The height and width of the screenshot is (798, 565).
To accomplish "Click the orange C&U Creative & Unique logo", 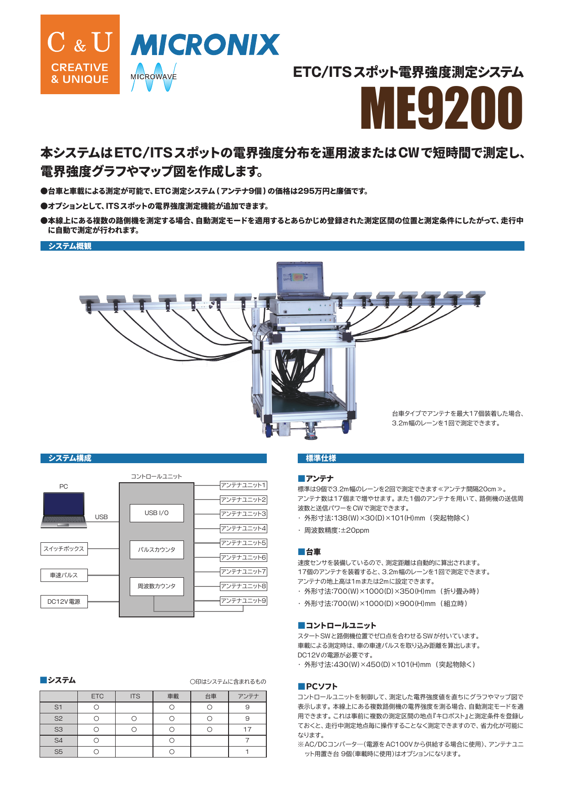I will click(80, 55).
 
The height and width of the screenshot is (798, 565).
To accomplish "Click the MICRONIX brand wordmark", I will click(205, 45).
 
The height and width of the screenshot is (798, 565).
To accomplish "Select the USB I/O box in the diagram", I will click(157, 513).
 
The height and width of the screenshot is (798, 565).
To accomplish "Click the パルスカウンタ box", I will click(157, 550).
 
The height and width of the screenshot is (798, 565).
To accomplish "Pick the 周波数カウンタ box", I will click(157, 586).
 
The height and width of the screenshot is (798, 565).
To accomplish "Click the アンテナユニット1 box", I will click(243, 485).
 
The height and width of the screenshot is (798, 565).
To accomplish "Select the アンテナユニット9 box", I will click(243, 601).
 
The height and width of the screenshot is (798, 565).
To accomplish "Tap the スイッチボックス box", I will click(64, 549).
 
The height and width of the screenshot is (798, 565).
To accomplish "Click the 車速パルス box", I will click(64, 575).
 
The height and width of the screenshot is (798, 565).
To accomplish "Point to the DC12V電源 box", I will click(64, 601).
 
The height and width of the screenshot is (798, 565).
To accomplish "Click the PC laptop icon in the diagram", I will click(64, 510).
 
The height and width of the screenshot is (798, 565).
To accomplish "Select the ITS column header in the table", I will click(135, 696).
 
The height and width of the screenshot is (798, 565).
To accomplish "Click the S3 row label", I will click(58, 729).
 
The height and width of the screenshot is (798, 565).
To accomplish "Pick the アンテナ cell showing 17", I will click(247, 729).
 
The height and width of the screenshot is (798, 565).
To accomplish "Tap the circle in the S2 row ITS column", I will click(134, 718).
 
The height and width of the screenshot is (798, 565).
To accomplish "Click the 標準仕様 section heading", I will click(321, 458).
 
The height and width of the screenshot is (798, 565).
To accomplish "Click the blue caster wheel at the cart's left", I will click(269, 430).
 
